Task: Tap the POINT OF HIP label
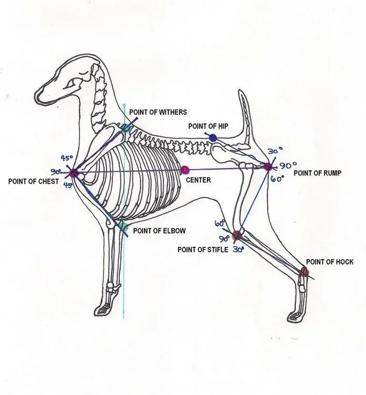click(x=209, y=126)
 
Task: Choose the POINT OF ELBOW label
click(x=159, y=231)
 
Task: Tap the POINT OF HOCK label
click(x=329, y=262)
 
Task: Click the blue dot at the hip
click(x=213, y=137)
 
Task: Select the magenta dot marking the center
click(x=185, y=170)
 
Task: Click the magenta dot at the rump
click(x=267, y=166)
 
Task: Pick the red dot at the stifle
click(x=236, y=235)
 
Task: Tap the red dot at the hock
click(x=305, y=272)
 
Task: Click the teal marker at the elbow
click(x=122, y=227)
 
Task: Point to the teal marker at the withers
click(x=126, y=128)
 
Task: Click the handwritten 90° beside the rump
click(x=287, y=166)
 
